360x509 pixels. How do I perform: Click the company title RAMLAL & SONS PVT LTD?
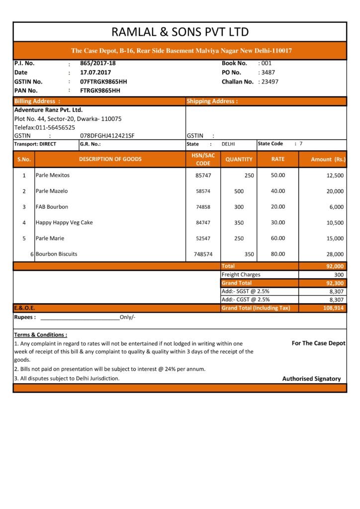180,32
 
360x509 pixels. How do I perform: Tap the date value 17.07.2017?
95,72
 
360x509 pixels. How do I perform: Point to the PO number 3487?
268,72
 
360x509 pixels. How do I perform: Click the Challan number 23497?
270,82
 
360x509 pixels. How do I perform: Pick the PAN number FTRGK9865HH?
100,90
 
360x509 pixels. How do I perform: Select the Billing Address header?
37,101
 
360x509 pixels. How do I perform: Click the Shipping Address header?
212,101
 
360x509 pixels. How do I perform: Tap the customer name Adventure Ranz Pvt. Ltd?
48,110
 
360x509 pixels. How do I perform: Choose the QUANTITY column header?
239,160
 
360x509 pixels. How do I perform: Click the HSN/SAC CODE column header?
203,159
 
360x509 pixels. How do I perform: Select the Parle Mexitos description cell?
52,175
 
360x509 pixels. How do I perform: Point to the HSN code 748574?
203,254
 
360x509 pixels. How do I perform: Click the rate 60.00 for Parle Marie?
278,238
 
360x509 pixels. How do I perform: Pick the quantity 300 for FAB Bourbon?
239,207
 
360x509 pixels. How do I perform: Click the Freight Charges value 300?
338,274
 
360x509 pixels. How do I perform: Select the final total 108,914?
333,308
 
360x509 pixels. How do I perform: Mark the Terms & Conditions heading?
40,335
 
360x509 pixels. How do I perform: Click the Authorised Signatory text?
311,379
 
